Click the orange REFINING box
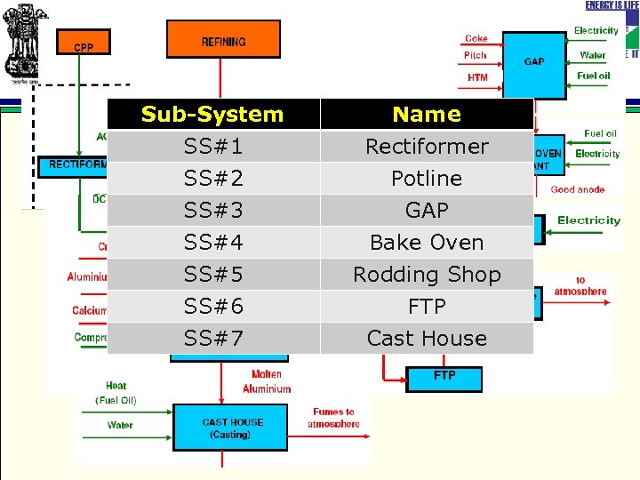point(223,40)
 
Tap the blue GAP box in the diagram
point(534,62)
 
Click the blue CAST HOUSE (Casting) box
point(231,428)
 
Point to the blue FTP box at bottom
point(444,377)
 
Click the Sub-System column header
point(212,114)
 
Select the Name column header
point(427,114)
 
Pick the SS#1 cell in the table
point(212,146)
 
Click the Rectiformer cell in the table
point(427,146)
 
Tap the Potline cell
point(427,178)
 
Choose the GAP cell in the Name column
point(427,210)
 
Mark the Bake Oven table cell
point(427,242)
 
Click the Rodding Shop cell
point(427,274)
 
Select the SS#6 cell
point(212,306)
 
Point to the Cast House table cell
point(427,338)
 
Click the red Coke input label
point(476,38)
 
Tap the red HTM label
point(477,77)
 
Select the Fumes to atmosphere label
point(333,418)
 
